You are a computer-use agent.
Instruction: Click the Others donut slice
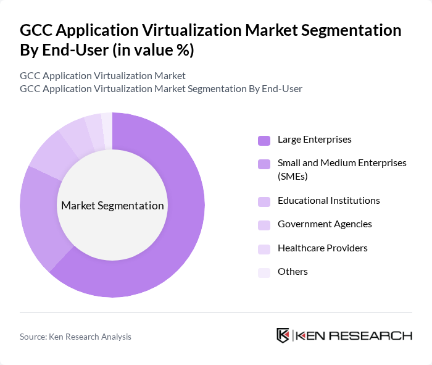[x=107, y=124]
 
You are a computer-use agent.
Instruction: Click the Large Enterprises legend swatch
[x=264, y=140]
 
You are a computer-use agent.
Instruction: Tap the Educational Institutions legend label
[x=328, y=201]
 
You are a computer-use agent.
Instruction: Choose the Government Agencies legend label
[x=325, y=224]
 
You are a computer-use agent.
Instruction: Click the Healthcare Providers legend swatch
[x=264, y=249]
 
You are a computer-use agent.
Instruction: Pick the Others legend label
[x=293, y=272]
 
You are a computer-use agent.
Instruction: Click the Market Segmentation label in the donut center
[x=112, y=206]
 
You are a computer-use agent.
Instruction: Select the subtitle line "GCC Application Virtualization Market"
[x=102, y=76]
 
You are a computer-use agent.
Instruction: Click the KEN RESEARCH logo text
[x=353, y=335]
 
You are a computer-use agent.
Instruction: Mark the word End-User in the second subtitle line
[x=282, y=88]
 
